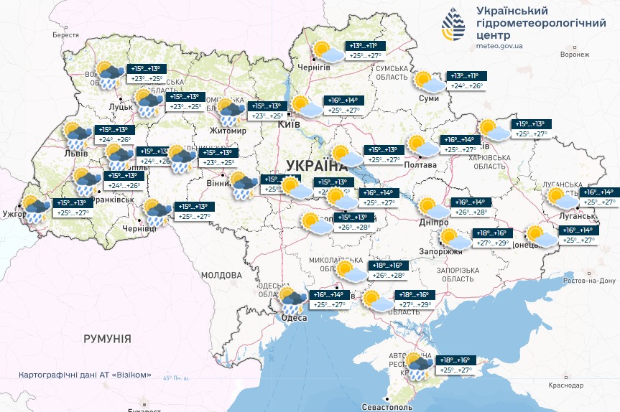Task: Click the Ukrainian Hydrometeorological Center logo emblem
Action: pyautogui.click(x=455, y=27)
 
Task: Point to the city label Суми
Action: pyautogui.click(x=428, y=98)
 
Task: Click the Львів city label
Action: pyautogui.click(x=75, y=153)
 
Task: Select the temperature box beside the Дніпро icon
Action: pyautogui.click(x=469, y=207)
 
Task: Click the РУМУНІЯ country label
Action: pyautogui.click(x=106, y=338)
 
